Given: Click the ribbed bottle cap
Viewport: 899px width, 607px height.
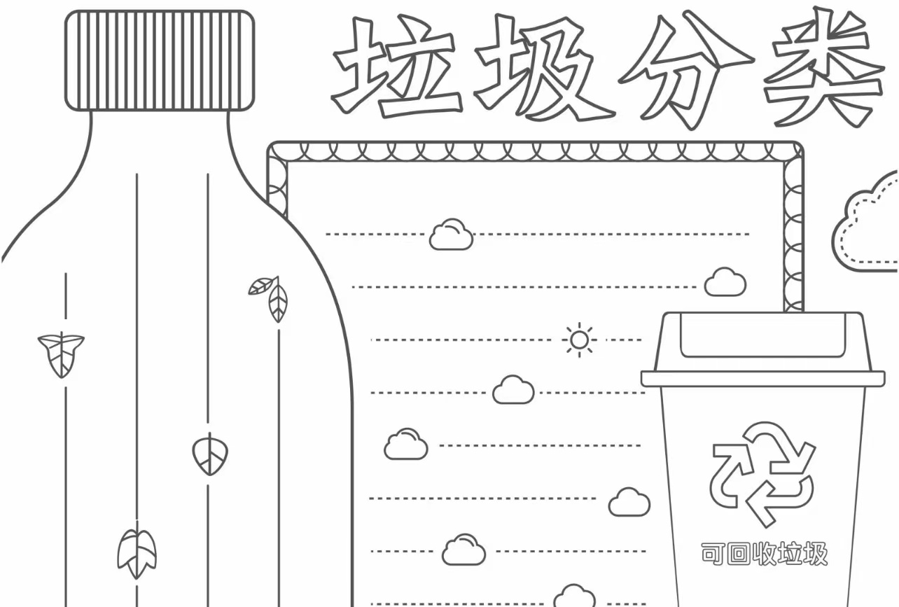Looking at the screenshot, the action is [x=160, y=61].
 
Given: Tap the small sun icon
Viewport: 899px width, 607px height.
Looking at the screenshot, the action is [x=579, y=340].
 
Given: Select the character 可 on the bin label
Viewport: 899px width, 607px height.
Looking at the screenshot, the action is [x=713, y=554].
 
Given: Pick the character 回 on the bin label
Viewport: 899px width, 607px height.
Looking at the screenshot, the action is [x=739, y=554].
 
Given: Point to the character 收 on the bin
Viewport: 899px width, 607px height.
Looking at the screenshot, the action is [x=764, y=554].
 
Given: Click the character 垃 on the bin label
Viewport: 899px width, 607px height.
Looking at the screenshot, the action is [x=790, y=554].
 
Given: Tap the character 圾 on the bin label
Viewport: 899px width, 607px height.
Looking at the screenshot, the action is [x=815, y=554].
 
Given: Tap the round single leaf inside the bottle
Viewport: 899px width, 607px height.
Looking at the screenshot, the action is [x=210, y=454].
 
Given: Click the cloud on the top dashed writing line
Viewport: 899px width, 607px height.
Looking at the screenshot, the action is [x=451, y=235].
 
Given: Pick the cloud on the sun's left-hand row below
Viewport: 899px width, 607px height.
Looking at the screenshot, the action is [x=513, y=390].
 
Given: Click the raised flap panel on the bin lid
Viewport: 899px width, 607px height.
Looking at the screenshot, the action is [x=763, y=335].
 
